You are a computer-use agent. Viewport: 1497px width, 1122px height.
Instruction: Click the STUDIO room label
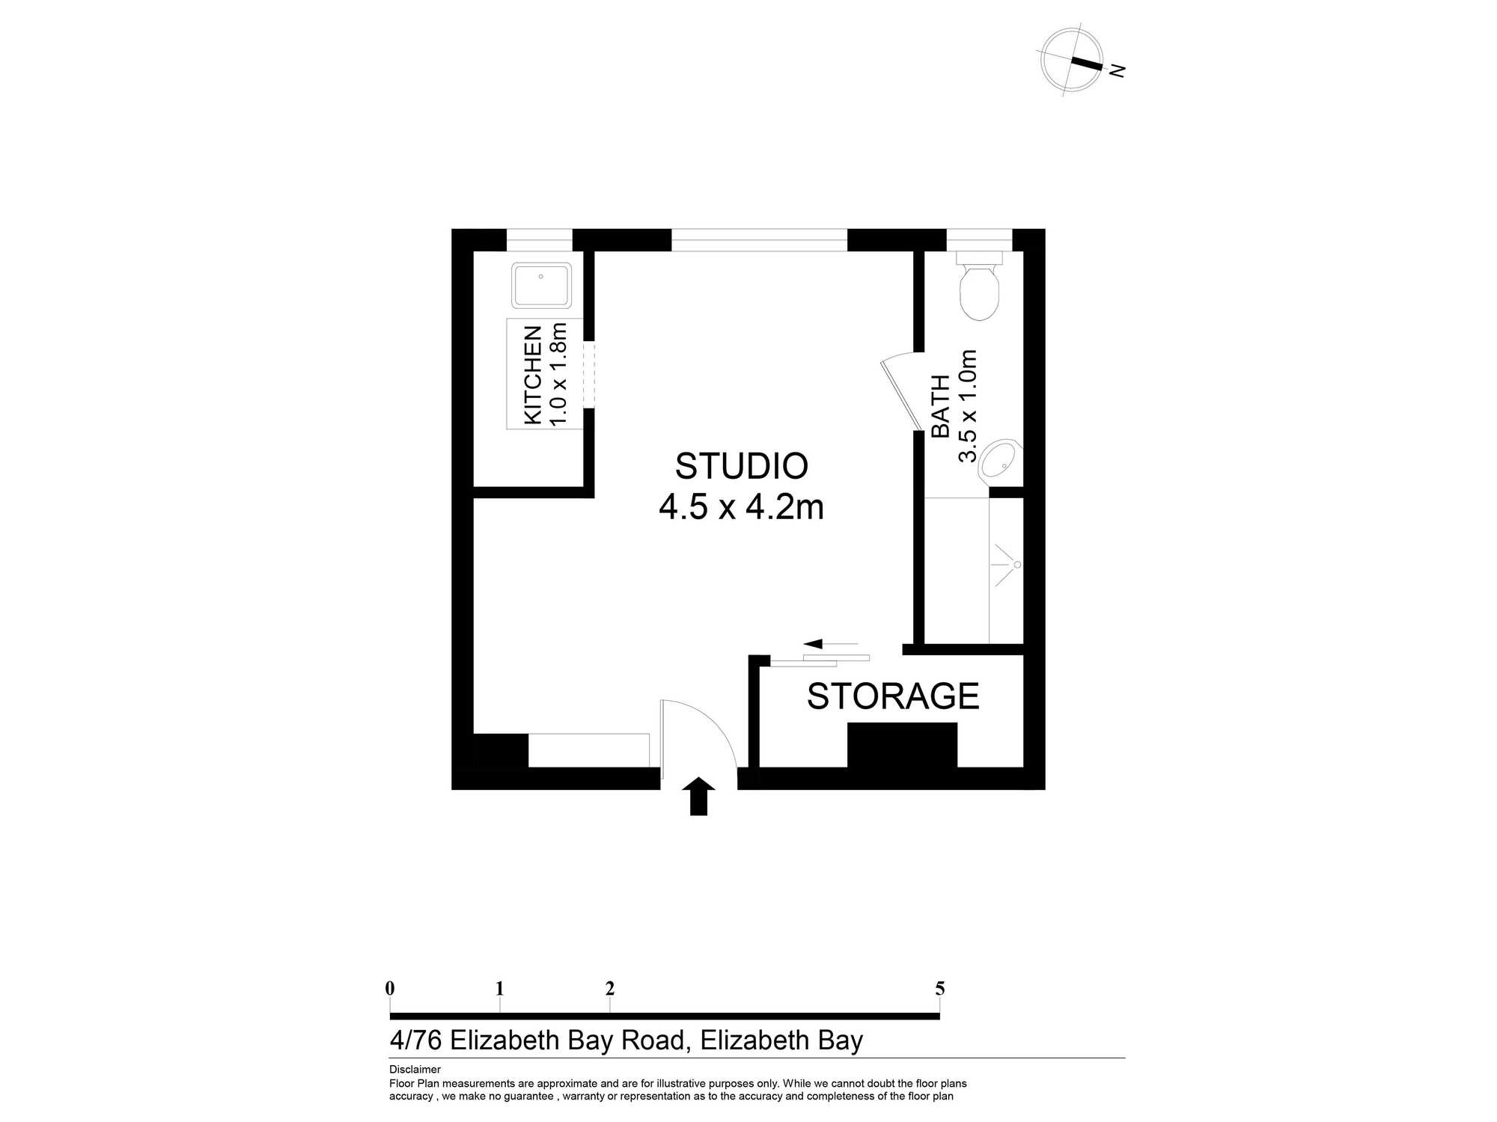(x=742, y=466)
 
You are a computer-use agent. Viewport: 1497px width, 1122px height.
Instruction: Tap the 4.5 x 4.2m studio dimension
(x=741, y=507)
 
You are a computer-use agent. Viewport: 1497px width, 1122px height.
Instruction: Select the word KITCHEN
(x=532, y=375)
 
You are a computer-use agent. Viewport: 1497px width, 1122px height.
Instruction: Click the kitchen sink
(x=541, y=285)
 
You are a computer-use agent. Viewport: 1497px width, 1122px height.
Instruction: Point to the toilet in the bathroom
(x=979, y=286)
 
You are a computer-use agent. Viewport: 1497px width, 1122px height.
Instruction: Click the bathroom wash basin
(x=1000, y=459)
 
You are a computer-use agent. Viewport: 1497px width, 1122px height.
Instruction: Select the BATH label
(x=940, y=406)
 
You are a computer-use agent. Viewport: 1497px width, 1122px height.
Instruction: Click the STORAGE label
(x=893, y=696)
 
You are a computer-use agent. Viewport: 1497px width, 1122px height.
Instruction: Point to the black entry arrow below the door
(x=698, y=797)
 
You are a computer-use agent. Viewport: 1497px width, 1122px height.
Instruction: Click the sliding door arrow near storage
(x=831, y=643)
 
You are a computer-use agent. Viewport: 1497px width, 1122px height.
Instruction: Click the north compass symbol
(x=1073, y=61)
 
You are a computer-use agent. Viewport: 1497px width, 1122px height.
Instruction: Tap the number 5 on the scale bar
(x=940, y=989)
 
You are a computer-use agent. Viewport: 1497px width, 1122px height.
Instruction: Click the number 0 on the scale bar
(x=390, y=989)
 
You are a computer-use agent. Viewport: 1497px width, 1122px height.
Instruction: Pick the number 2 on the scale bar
(x=610, y=989)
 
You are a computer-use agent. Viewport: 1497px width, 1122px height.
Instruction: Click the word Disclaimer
(x=415, y=1070)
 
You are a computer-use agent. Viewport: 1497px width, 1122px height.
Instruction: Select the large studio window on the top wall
(x=759, y=240)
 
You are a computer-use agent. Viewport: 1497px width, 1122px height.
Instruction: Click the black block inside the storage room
(x=902, y=745)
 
